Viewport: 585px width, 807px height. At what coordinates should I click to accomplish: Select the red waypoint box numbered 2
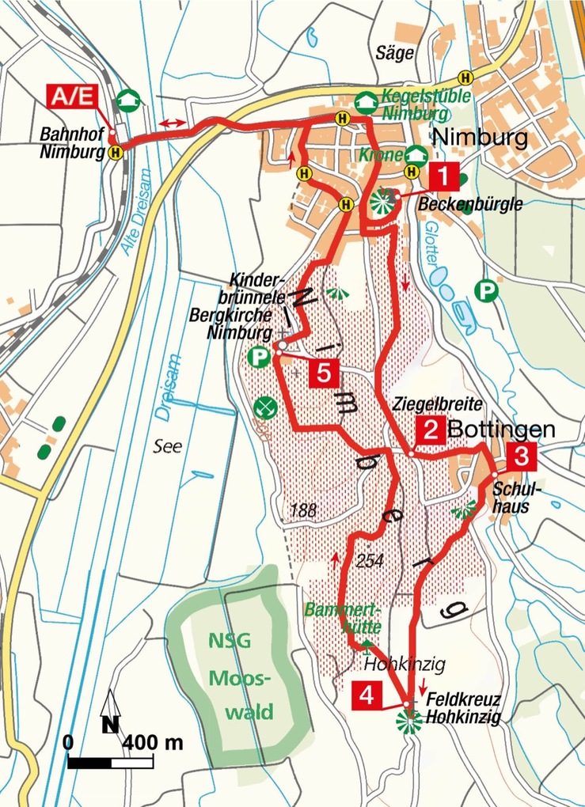(431, 430)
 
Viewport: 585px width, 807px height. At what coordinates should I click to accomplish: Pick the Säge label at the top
(397, 54)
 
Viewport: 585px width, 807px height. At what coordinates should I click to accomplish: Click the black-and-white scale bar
(111, 763)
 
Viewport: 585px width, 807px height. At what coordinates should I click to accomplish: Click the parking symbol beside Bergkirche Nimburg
(258, 358)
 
